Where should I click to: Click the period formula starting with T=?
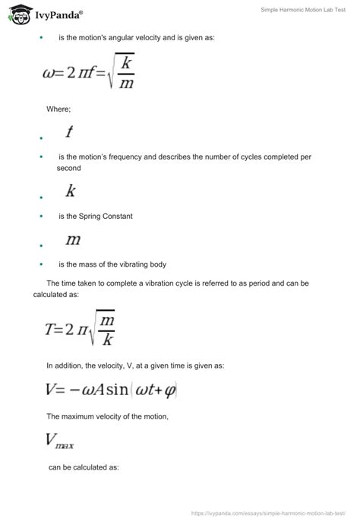pos(80,327)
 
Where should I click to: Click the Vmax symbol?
pos(59,439)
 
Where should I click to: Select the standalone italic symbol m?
pos(73,240)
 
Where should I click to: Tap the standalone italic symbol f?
pos(69,132)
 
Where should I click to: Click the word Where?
pos(58,109)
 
